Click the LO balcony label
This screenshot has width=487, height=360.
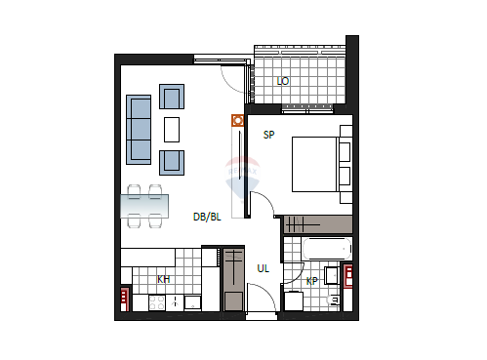(x=283, y=81)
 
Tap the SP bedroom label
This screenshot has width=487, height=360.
(x=268, y=135)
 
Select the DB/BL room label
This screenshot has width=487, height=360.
(x=207, y=217)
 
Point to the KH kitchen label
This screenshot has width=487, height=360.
(x=163, y=279)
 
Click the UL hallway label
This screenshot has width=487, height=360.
(x=263, y=268)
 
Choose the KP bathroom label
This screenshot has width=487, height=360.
(x=311, y=281)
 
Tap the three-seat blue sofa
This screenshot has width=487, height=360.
(x=139, y=130)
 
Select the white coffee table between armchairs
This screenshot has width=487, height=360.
(x=172, y=130)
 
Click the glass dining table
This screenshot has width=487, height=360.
(x=144, y=206)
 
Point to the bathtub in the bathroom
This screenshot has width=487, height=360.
(x=327, y=249)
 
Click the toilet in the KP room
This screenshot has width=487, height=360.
(x=333, y=300)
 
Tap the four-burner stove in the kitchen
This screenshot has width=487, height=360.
(x=157, y=302)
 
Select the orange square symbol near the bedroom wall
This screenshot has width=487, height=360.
(x=238, y=120)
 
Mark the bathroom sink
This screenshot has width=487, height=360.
(x=333, y=275)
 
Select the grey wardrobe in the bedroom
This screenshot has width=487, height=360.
(x=318, y=224)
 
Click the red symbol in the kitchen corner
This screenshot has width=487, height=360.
(x=125, y=300)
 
